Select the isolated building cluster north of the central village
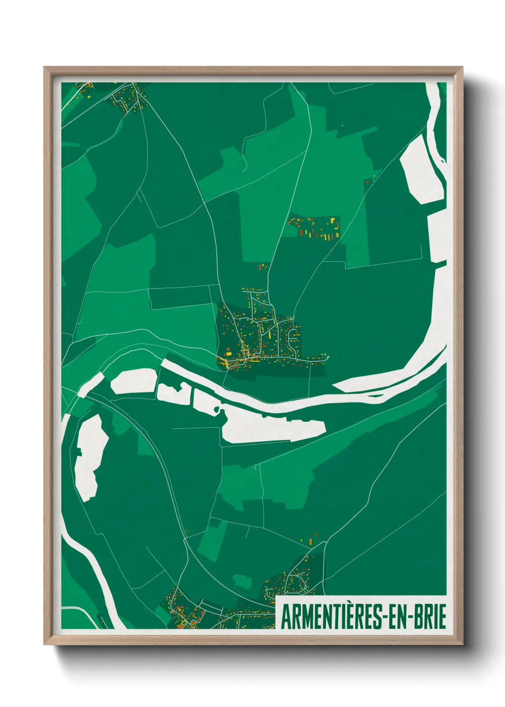(x=315, y=227)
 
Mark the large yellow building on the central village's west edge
(x=228, y=353)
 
